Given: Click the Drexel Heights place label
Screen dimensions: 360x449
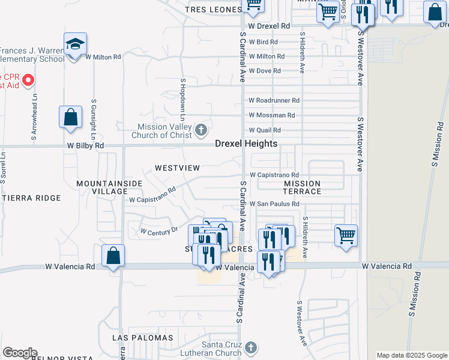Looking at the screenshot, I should click(x=246, y=144).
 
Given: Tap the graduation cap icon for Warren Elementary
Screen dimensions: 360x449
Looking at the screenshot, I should click(x=75, y=45).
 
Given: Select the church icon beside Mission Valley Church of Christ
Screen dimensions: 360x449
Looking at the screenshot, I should click(x=201, y=129).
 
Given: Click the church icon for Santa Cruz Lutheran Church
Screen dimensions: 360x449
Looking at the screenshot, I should click(x=251, y=347).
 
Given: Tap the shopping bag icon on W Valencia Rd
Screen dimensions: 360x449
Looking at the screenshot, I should click(x=113, y=256).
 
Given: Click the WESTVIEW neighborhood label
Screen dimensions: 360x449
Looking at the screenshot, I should click(x=176, y=168).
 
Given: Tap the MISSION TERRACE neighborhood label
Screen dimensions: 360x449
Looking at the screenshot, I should click(x=302, y=187).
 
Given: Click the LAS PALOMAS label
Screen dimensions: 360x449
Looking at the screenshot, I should click(x=143, y=338).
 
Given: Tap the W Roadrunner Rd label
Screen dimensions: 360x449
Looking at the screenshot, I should click(x=274, y=100).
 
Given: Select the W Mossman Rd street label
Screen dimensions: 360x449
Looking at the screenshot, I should click(x=272, y=115).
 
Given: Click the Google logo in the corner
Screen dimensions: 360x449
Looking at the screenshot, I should click(x=20, y=353).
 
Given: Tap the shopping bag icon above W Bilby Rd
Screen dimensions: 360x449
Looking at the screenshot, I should click(x=70, y=116).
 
